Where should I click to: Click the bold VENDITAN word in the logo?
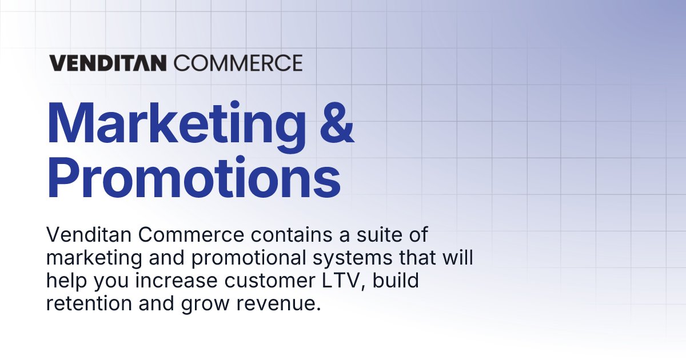tap(109, 62)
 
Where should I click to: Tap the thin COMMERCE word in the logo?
tap(238, 62)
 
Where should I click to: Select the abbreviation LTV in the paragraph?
tap(352, 281)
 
